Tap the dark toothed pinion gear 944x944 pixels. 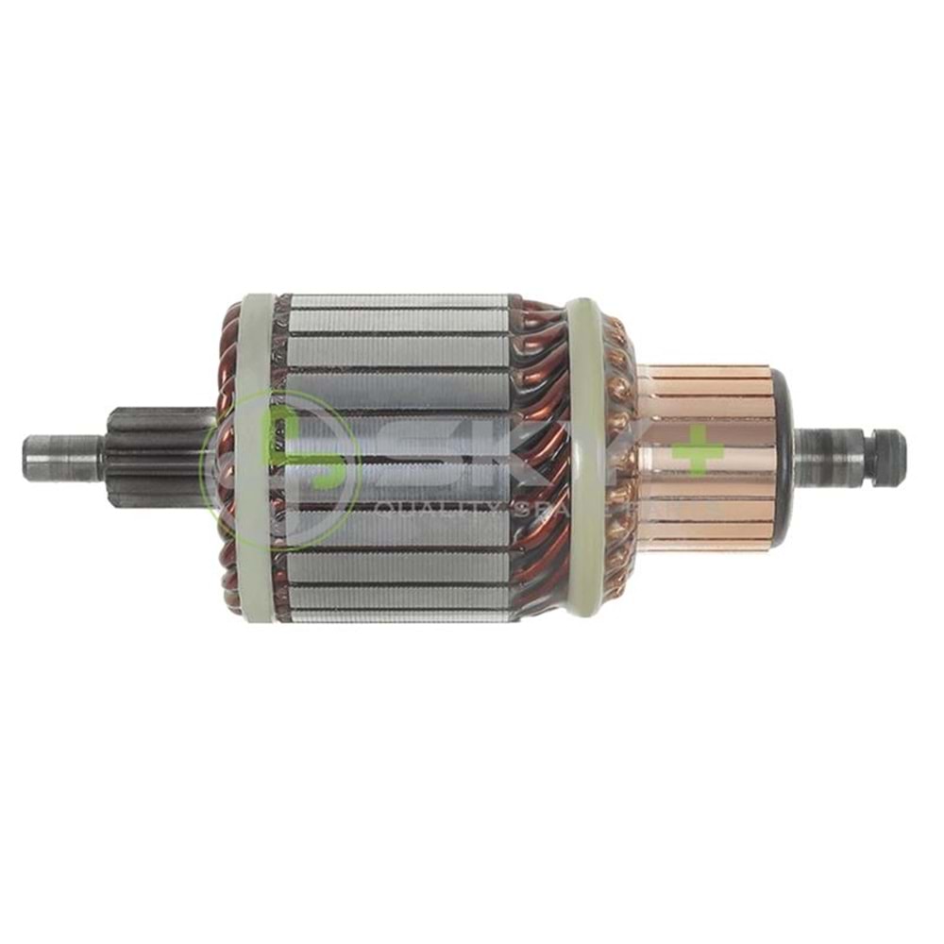[151, 457]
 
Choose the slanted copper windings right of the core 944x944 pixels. [543, 453]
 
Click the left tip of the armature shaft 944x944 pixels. [28, 457]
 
